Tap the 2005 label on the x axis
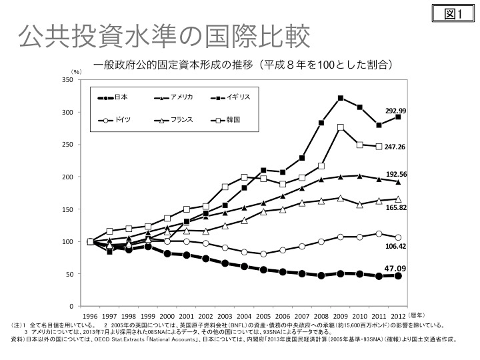(263, 316)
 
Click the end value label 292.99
(395, 111)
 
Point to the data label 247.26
(395, 146)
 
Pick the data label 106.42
(395, 246)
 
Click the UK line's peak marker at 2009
(340, 98)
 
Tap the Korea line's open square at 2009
(340, 127)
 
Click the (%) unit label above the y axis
(77, 71)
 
